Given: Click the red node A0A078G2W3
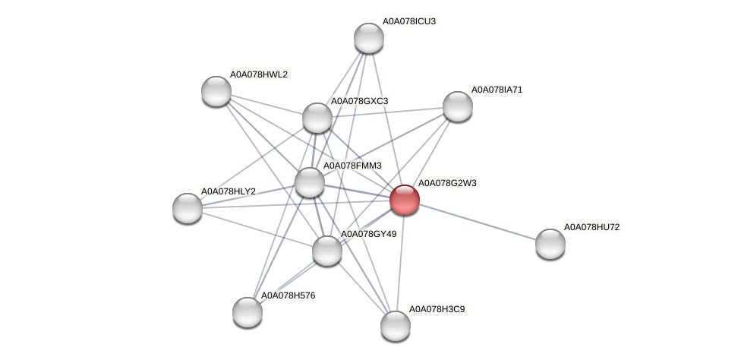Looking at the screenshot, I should click(404, 200).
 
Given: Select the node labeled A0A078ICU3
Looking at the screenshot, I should click(369, 38).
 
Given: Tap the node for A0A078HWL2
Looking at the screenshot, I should click(216, 91).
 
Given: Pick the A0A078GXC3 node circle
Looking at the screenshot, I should click(317, 118).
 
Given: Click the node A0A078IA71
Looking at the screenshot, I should click(457, 106).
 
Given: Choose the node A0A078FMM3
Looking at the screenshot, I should click(310, 182).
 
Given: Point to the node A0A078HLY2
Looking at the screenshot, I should click(188, 207).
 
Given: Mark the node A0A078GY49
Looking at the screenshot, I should click(327, 251).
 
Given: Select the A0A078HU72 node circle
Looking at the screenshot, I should click(550, 243).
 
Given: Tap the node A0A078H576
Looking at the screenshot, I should click(248, 311).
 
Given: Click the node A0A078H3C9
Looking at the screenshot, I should click(395, 326).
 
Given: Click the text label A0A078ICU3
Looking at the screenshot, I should click(408, 21).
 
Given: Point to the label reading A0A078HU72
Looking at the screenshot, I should click(595, 227).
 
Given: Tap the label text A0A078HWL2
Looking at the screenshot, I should click(259, 74).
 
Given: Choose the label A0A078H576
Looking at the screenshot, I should click(288, 295).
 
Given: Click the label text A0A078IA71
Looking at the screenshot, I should click(497, 90).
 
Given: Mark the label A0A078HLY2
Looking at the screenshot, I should click(228, 191).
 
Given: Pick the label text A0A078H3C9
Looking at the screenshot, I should click(437, 309).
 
